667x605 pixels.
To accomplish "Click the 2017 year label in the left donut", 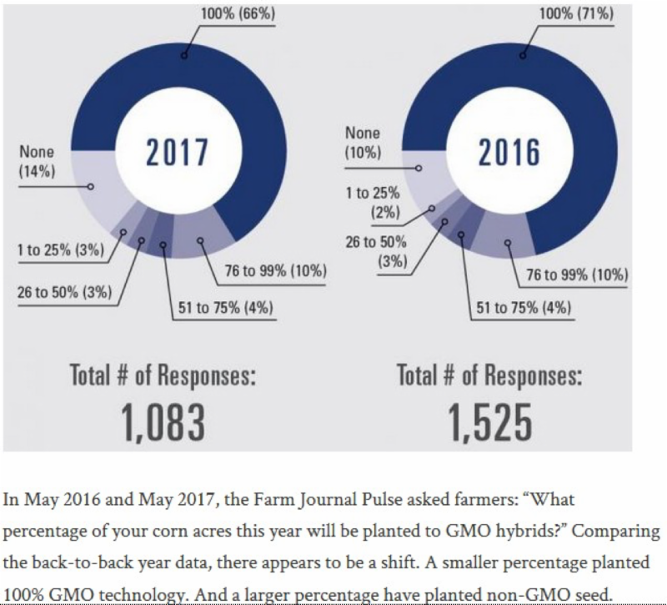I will [x=177, y=153].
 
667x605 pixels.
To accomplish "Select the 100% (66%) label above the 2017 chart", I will [x=238, y=14].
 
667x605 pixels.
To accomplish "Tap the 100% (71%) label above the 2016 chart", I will [x=576, y=14].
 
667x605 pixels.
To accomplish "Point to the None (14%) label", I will [x=36, y=162].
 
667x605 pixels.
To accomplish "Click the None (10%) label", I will [x=363, y=143].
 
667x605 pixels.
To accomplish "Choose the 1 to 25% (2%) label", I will [x=373, y=202].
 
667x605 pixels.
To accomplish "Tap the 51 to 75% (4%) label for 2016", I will [x=524, y=308].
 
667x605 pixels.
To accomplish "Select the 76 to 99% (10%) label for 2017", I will [x=275, y=271].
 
